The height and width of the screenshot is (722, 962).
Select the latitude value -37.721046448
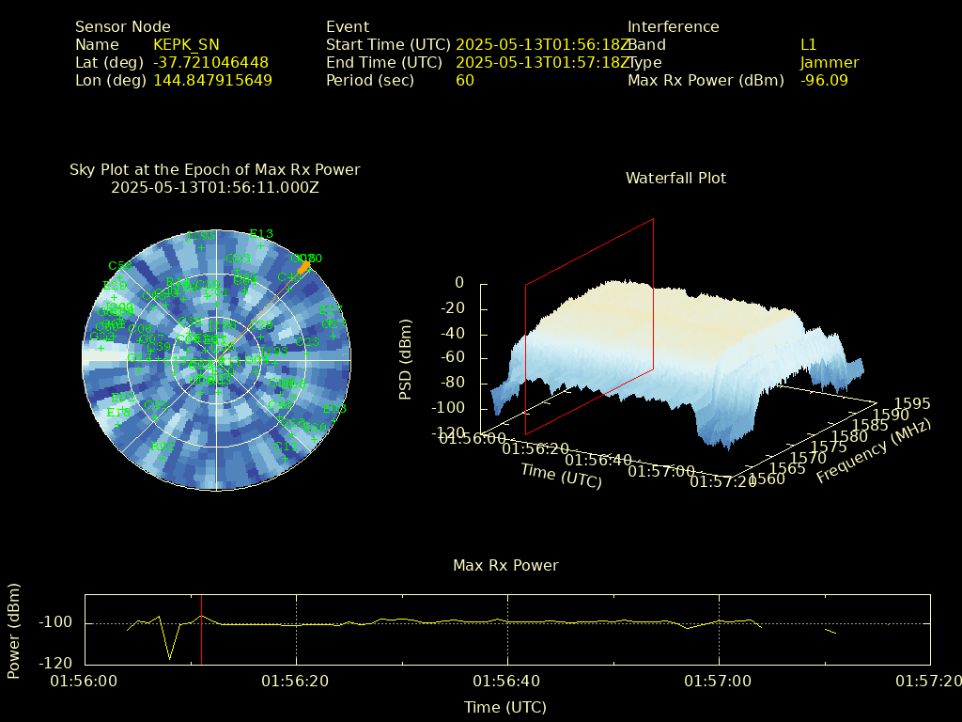(211, 63)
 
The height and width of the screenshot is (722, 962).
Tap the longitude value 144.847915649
(213, 81)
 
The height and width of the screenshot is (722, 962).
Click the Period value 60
(465, 81)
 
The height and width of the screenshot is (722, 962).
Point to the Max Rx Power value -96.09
(824, 81)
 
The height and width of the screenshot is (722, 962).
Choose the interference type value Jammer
(830, 63)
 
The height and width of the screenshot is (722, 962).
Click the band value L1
(809, 45)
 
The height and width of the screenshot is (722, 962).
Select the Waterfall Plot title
(675, 179)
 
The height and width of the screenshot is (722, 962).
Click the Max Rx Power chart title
(505, 566)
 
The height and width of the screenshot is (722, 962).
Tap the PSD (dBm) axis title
(406, 361)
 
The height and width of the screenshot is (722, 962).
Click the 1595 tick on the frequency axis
(913, 404)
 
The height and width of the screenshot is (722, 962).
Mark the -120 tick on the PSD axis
(448, 433)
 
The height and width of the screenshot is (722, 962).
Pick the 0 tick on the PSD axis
(459, 283)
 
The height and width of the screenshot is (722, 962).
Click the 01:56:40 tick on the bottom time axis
(508, 680)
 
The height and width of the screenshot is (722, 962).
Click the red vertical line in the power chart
(202, 639)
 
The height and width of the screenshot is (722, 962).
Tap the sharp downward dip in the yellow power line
(169, 657)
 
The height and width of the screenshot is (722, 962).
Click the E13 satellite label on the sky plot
(261, 235)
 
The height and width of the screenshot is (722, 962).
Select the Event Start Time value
(543, 45)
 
